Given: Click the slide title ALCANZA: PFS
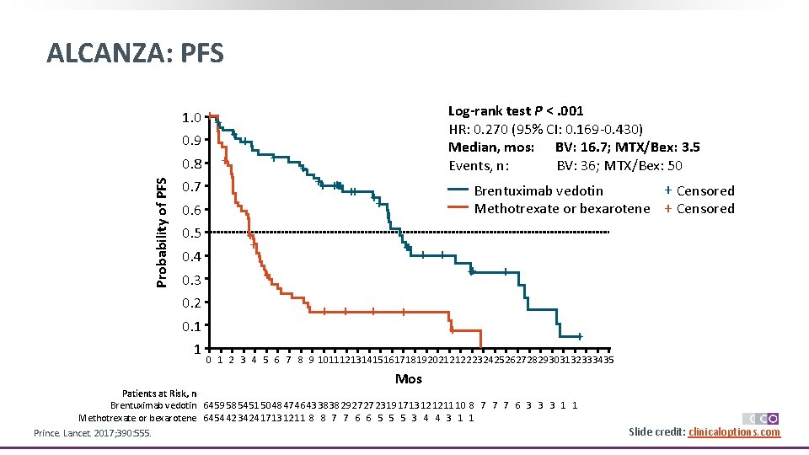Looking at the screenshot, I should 136,54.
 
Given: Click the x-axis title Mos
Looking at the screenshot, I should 409,378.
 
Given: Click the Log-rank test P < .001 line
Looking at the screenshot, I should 516,111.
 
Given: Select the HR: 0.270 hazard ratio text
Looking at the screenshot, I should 546,129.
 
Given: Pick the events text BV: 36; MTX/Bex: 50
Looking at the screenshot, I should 619,166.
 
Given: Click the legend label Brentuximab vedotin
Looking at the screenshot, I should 538,191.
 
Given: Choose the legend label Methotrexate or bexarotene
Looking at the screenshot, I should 562,209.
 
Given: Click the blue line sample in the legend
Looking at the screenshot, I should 458,191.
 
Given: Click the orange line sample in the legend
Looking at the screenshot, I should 458,209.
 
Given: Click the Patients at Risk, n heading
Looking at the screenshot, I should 159,393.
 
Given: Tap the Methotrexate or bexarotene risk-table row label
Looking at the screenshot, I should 137,418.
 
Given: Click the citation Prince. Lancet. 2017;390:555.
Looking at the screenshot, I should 93,433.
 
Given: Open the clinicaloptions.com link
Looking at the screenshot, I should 734,432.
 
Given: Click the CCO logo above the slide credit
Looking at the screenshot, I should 760,419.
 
